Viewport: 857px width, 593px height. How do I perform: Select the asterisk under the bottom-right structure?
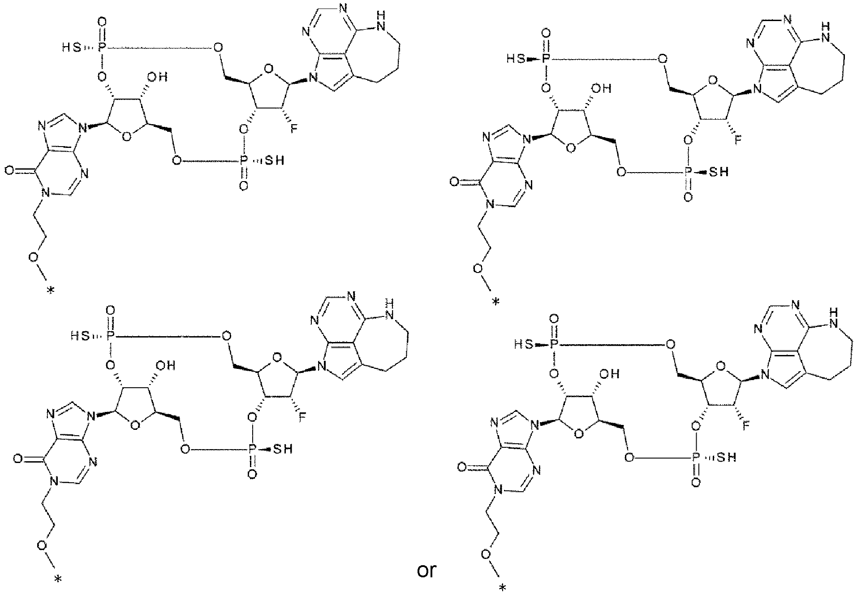point(503,588)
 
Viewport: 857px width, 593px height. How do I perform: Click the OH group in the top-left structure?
point(158,78)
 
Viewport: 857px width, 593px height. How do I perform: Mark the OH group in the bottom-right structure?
point(612,374)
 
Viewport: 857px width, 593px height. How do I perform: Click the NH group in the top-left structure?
point(382,20)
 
